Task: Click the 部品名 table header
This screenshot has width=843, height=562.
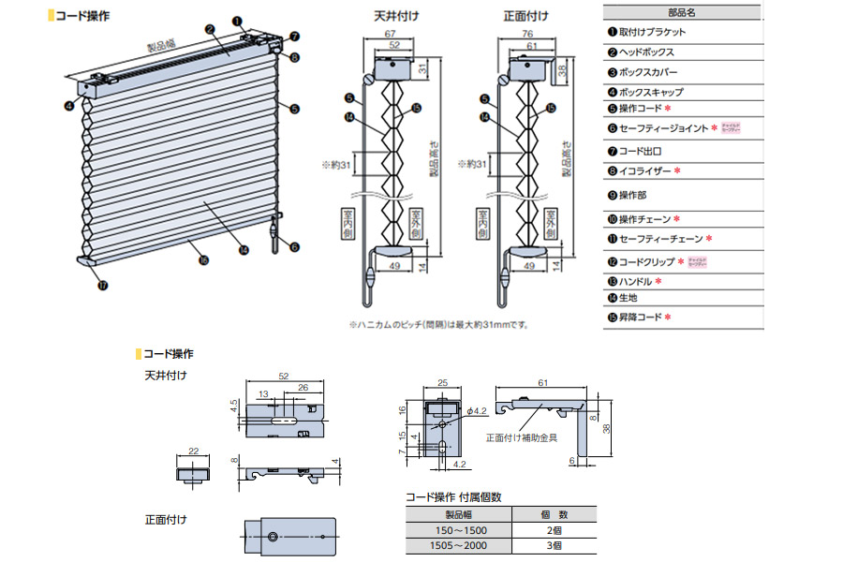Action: pyautogui.click(x=683, y=13)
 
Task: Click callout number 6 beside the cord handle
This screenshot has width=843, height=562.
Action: pyautogui.click(x=294, y=247)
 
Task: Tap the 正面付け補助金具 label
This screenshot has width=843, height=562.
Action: pyautogui.click(x=521, y=436)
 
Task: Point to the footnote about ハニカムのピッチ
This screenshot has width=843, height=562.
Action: pyautogui.click(x=439, y=325)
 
